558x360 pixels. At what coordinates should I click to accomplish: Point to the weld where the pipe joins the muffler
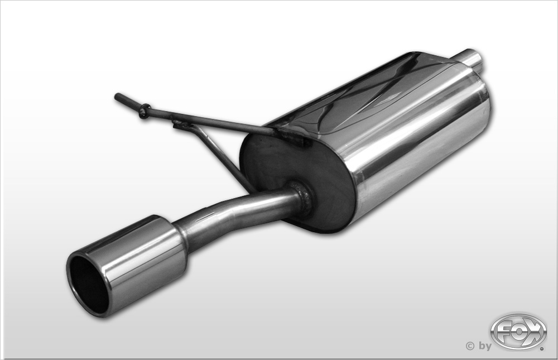click(x=302, y=199)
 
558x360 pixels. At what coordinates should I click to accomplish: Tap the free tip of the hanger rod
click(x=117, y=96)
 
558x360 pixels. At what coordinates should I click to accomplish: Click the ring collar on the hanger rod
click(x=145, y=112)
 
